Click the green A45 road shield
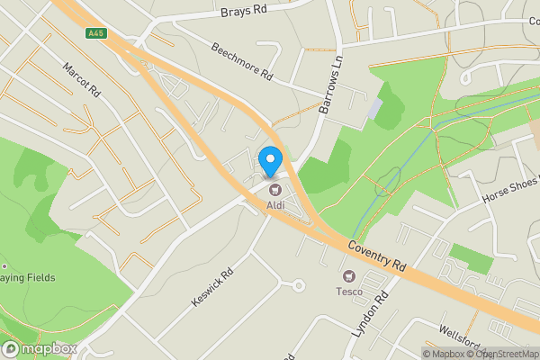(x=95, y=34)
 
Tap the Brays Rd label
(x=245, y=12)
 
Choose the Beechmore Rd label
(x=241, y=62)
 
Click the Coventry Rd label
(x=377, y=256)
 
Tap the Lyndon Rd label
(x=369, y=315)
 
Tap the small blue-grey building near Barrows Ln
(x=374, y=110)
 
